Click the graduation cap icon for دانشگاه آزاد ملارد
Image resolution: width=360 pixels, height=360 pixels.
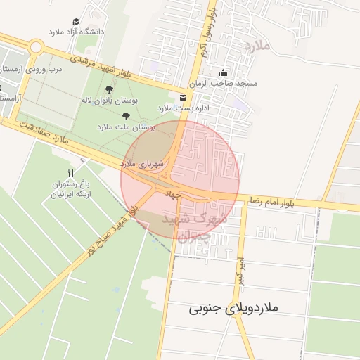tap(76, 22)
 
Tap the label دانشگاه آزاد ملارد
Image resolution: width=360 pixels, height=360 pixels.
tap(76, 32)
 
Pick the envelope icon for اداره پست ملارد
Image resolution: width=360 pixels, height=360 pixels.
tap(183, 97)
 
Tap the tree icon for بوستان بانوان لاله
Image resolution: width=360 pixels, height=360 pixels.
tap(109, 89)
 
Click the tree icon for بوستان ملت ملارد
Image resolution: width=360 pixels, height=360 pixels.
tap(126, 116)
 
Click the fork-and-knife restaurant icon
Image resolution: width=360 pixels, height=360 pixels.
tap(70, 173)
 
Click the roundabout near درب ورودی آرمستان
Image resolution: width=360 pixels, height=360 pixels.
tap(35, 46)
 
